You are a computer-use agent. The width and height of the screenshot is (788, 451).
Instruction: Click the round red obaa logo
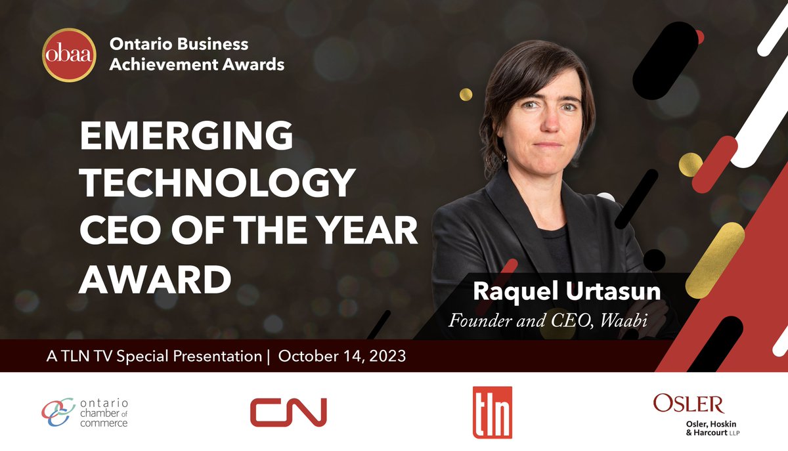pyautogui.click(x=68, y=55)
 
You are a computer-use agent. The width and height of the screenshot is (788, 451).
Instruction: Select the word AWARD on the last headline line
pyautogui.click(x=155, y=279)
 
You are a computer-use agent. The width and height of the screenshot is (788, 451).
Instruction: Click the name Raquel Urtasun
pyautogui.click(x=566, y=291)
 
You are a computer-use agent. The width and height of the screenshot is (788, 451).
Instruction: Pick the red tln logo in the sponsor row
pyautogui.click(x=492, y=412)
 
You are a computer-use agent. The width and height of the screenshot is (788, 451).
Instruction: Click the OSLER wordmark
pyautogui.click(x=688, y=403)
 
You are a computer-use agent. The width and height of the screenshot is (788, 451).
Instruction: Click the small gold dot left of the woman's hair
pyautogui.click(x=466, y=94)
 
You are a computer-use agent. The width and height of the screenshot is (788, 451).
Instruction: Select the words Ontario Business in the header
pyautogui.click(x=179, y=45)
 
